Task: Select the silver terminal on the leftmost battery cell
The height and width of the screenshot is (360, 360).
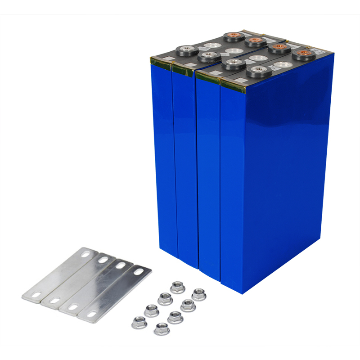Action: click(185, 49)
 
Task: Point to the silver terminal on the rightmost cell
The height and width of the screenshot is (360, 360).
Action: click(257, 70)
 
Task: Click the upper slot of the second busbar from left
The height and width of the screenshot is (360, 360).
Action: click(102, 260)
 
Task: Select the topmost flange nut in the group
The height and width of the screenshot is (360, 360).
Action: click(177, 287)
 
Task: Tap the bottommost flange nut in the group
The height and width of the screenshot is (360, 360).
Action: click(162, 328)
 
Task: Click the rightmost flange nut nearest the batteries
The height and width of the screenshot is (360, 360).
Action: click(198, 295)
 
